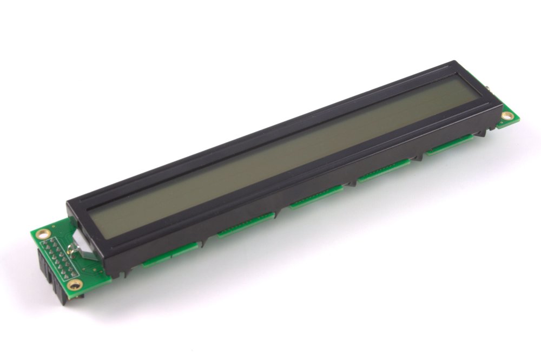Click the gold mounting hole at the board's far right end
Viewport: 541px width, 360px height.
coord(507,115)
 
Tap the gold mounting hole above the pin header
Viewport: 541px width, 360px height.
coord(44,234)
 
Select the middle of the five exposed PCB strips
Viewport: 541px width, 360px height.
coord(316,197)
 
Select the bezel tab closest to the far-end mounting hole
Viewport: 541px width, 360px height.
coord(481,132)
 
